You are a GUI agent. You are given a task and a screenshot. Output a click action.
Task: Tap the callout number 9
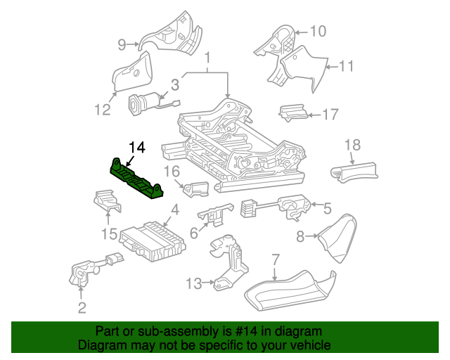pos(122,45)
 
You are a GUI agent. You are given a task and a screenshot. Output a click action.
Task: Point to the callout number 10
pos(318,31)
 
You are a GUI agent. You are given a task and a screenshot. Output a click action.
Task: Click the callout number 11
pos(345,67)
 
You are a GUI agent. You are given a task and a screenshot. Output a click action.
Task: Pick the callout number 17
pos(330,114)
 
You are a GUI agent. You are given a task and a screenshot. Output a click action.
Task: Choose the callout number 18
pos(352,145)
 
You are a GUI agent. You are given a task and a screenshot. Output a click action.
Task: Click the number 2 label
pos(82,307)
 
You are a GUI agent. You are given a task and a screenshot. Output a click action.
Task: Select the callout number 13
pos(193,283)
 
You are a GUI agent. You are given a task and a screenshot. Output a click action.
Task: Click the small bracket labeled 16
pos(196,188)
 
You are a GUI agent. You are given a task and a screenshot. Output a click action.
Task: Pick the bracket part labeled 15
pos(108,202)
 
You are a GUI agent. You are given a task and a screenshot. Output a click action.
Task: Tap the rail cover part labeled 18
pos(355,172)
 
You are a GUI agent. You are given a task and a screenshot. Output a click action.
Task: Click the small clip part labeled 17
pos(292,112)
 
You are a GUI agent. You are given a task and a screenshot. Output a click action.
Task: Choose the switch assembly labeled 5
pos(292,205)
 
